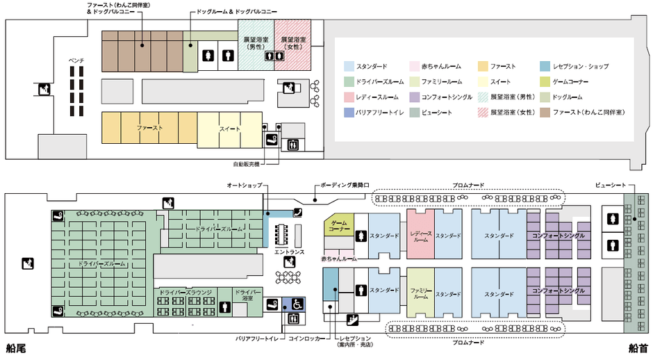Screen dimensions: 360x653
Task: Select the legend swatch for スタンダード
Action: coord(349,67)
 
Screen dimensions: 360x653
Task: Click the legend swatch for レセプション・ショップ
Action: coord(545,67)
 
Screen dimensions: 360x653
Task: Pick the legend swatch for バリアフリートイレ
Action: coord(349,111)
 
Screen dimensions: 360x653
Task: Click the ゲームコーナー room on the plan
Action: coord(339,224)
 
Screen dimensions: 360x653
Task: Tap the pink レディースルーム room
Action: coord(420,236)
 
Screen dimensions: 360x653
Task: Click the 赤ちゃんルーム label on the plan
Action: coord(339,259)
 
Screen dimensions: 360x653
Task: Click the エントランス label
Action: coord(288,252)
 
